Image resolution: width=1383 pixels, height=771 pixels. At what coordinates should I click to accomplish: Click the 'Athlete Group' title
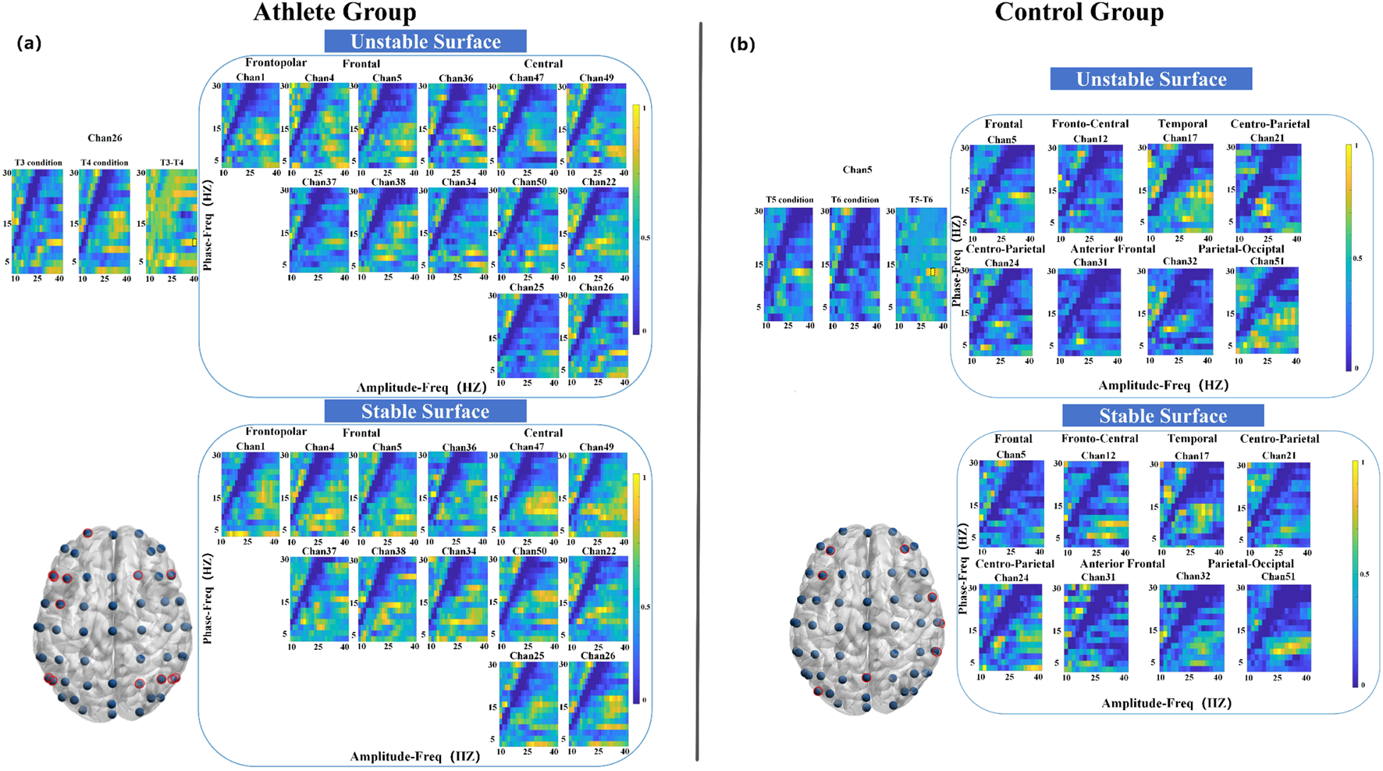[x=335, y=12]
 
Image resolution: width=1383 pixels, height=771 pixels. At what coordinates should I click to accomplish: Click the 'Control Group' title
[x=1079, y=12]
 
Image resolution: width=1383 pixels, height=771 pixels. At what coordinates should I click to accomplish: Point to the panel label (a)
[x=29, y=44]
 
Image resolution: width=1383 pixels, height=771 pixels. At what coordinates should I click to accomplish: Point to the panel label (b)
[x=742, y=45]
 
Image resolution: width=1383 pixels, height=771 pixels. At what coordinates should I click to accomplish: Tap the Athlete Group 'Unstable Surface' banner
[x=425, y=41]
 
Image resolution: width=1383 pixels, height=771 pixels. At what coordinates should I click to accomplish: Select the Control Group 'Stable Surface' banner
[x=1163, y=416]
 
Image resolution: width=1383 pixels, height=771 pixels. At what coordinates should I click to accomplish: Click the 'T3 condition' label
[x=38, y=162]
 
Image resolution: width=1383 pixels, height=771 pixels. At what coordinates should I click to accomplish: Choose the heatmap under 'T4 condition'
[x=105, y=221]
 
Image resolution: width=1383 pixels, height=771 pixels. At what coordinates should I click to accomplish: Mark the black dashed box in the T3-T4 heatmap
[x=194, y=242]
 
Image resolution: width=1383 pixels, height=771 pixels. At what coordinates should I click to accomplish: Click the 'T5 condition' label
[x=790, y=200]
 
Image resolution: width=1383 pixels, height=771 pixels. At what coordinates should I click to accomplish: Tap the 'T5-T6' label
[x=921, y=200]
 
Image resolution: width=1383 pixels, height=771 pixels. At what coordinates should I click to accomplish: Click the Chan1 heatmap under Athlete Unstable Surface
[x=251, y=125]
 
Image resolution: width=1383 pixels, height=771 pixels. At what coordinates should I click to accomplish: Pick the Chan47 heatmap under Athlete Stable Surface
[x=528, y=494]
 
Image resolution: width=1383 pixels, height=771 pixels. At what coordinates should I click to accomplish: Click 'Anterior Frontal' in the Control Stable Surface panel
[x=1122, y=563]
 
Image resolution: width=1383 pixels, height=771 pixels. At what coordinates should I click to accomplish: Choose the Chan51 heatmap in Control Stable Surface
[x=1278, y=628]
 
